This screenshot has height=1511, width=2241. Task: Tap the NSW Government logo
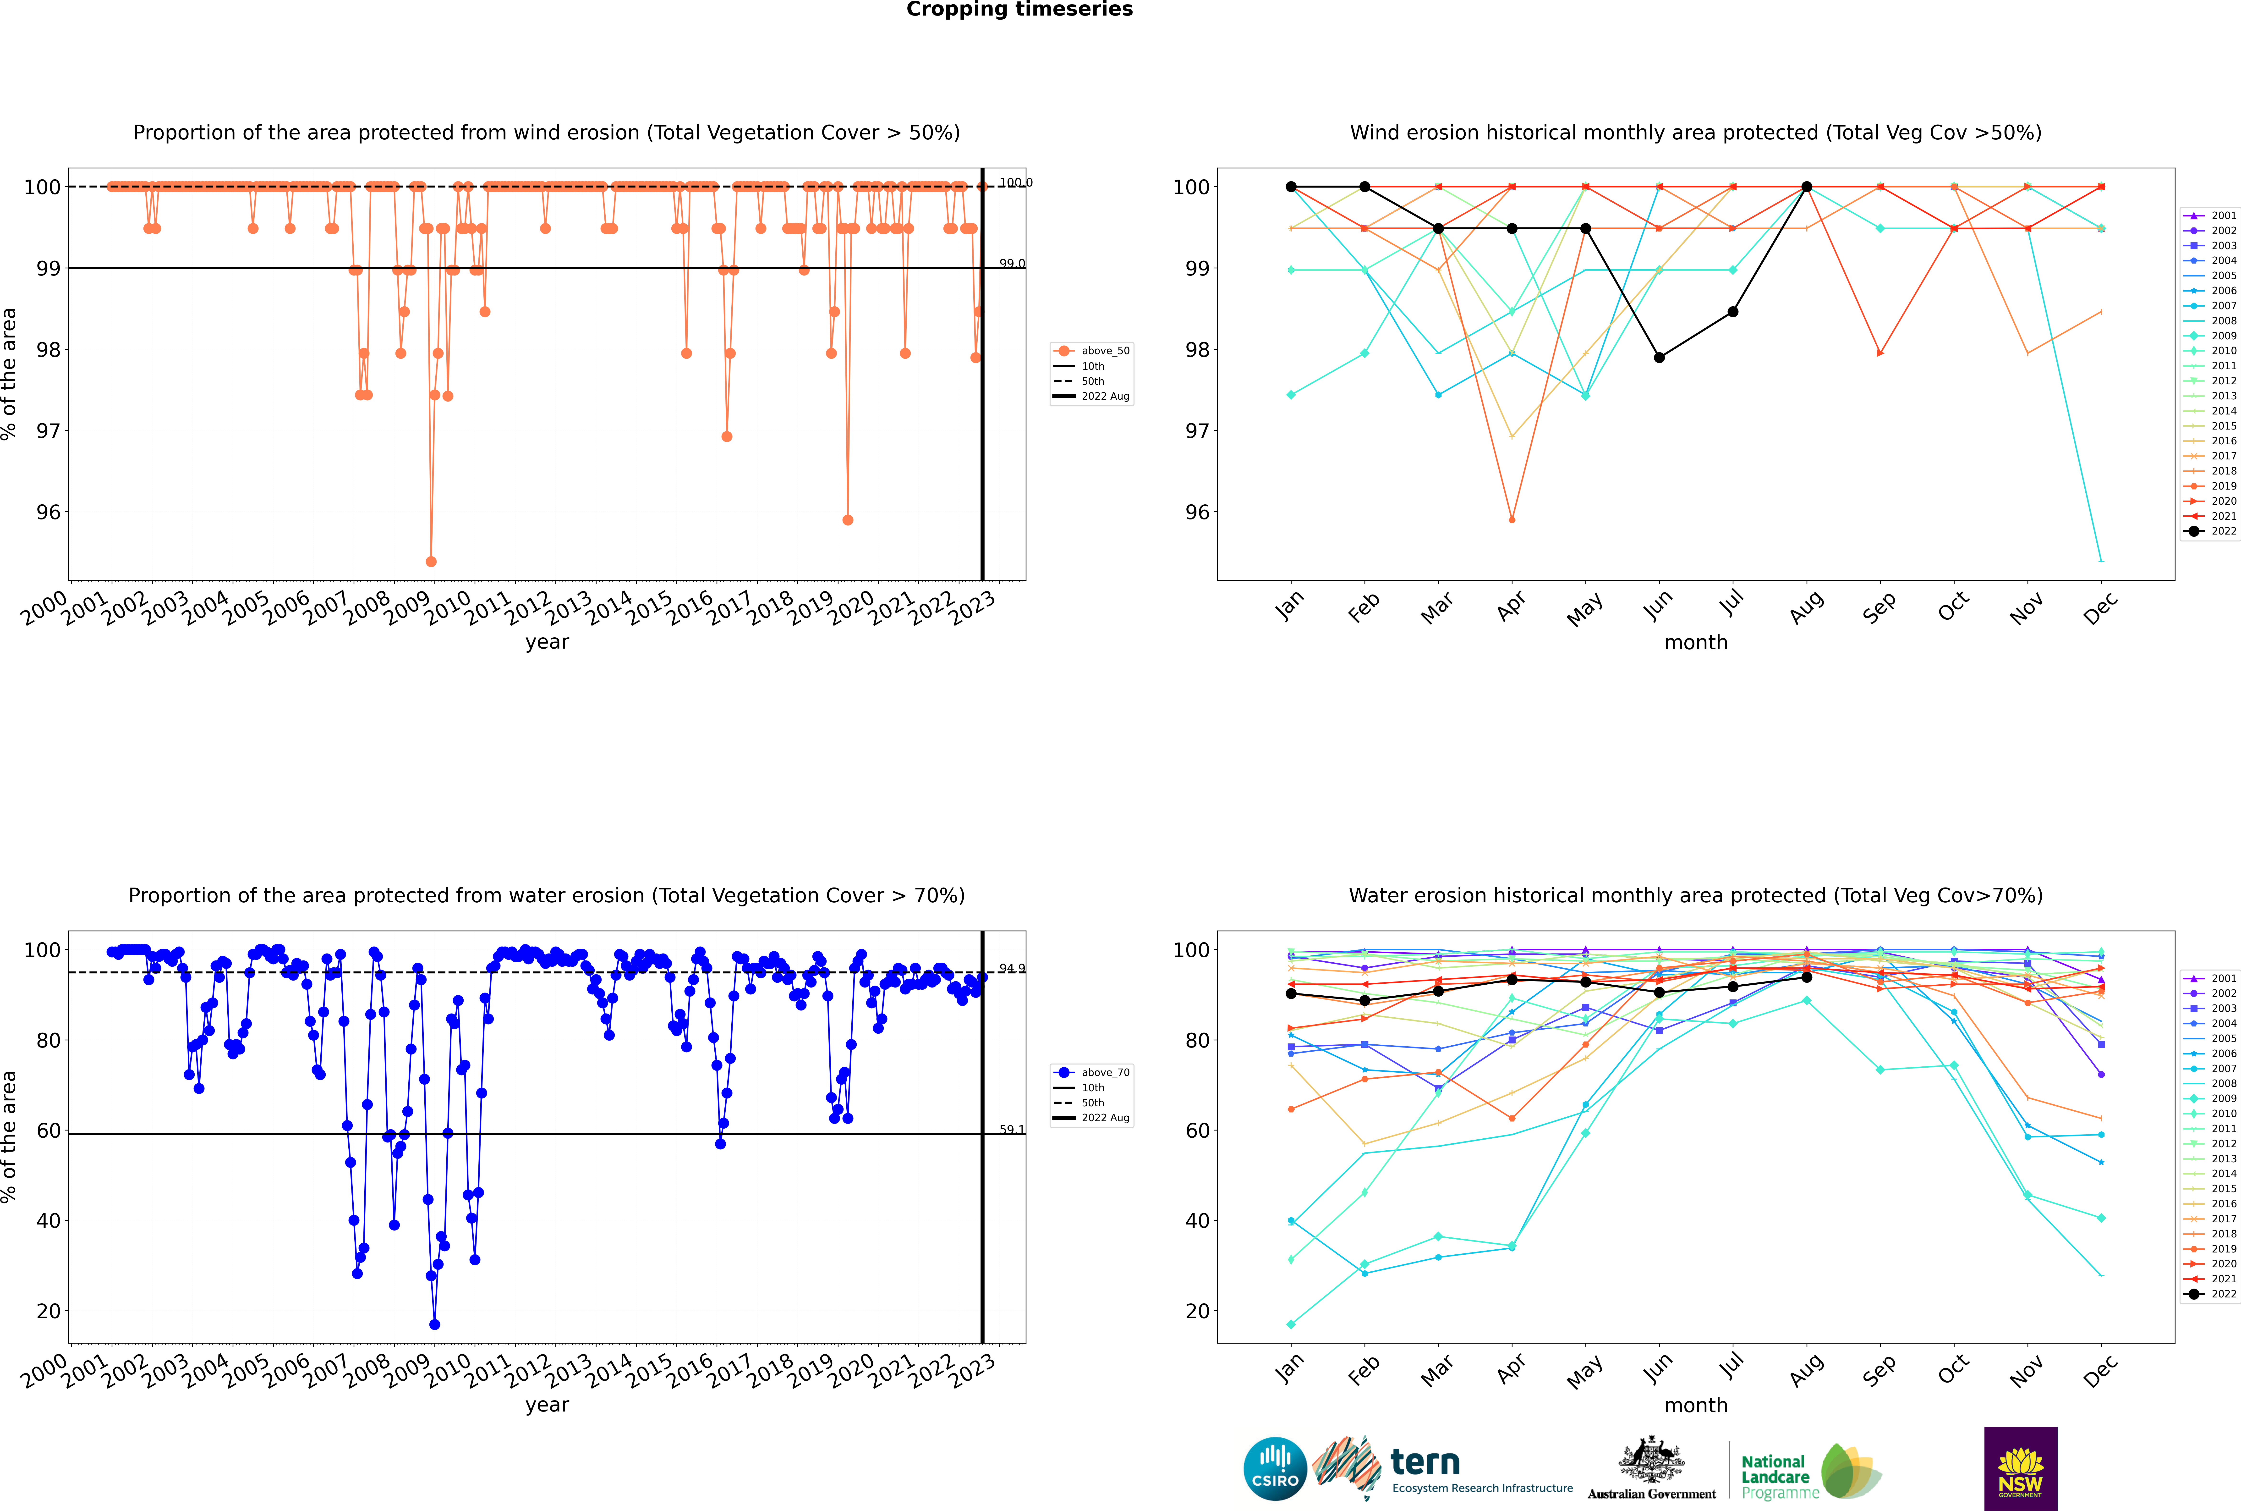(2020, 1469)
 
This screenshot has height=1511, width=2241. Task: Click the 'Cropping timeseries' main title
(1019, 10)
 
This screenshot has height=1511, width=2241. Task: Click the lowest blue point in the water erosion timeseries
(434, 1324)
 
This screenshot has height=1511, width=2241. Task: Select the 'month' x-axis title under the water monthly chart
(1696, 1405)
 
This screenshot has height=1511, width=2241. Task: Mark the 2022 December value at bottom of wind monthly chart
(2101, 561)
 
